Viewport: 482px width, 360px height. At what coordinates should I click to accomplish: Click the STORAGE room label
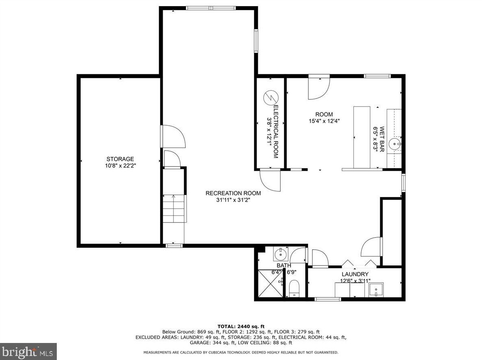[120, 159]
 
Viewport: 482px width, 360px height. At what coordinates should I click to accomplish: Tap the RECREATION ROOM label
[233, 193]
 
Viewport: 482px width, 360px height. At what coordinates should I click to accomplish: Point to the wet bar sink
[394, 144]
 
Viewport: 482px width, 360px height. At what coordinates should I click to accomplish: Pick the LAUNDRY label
[355, 274]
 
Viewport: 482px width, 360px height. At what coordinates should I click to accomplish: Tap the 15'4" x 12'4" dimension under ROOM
[324, 121]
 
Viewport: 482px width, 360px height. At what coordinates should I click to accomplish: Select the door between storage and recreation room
[173, 136]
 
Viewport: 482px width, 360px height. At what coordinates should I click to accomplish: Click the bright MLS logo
[28, 351]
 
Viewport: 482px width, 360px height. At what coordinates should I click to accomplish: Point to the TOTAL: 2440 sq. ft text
[241, 326]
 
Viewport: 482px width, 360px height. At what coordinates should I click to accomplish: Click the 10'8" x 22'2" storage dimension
[120, 166]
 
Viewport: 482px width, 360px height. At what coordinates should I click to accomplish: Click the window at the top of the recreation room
[211, 8]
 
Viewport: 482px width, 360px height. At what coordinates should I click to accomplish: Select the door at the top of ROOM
[319, 87]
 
